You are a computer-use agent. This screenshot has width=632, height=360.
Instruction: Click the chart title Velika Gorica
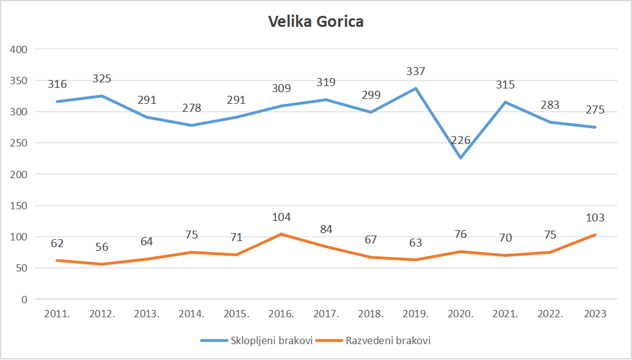tap(316, 23)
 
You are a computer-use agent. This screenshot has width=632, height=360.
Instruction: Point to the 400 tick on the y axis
tap(20, 49)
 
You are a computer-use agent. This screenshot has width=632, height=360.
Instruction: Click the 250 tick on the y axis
tap(20, 143)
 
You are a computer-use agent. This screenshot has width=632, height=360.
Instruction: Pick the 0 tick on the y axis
tap(24, 300)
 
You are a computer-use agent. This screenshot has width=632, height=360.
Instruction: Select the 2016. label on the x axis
tap(281, 314)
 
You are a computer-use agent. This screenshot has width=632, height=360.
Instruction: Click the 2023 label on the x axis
tap(595, 314)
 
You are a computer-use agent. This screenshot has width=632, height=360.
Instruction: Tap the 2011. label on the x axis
tap(57, 314)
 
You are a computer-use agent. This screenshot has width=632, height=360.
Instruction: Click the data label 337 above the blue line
tap(416, 71)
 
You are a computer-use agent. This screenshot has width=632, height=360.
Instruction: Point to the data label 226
tap(460, 140)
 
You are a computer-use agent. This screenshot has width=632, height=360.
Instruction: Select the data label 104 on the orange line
tap(281, 217)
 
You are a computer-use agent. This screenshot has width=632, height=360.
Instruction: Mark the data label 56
tap(102, 247)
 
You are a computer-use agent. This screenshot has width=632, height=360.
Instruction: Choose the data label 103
tap(595, 218)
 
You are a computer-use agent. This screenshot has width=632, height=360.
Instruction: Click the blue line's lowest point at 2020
tap(460, 158)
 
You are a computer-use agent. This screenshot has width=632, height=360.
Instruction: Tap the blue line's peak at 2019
tap(416, 88)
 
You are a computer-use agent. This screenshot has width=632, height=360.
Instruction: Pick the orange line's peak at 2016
tap(281, 234)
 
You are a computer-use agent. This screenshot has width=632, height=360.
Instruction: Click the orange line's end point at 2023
tap(595, 235)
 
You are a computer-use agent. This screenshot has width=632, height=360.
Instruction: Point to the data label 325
tap(102, 79)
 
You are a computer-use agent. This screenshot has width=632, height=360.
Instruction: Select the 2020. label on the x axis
tap(460, 314)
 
